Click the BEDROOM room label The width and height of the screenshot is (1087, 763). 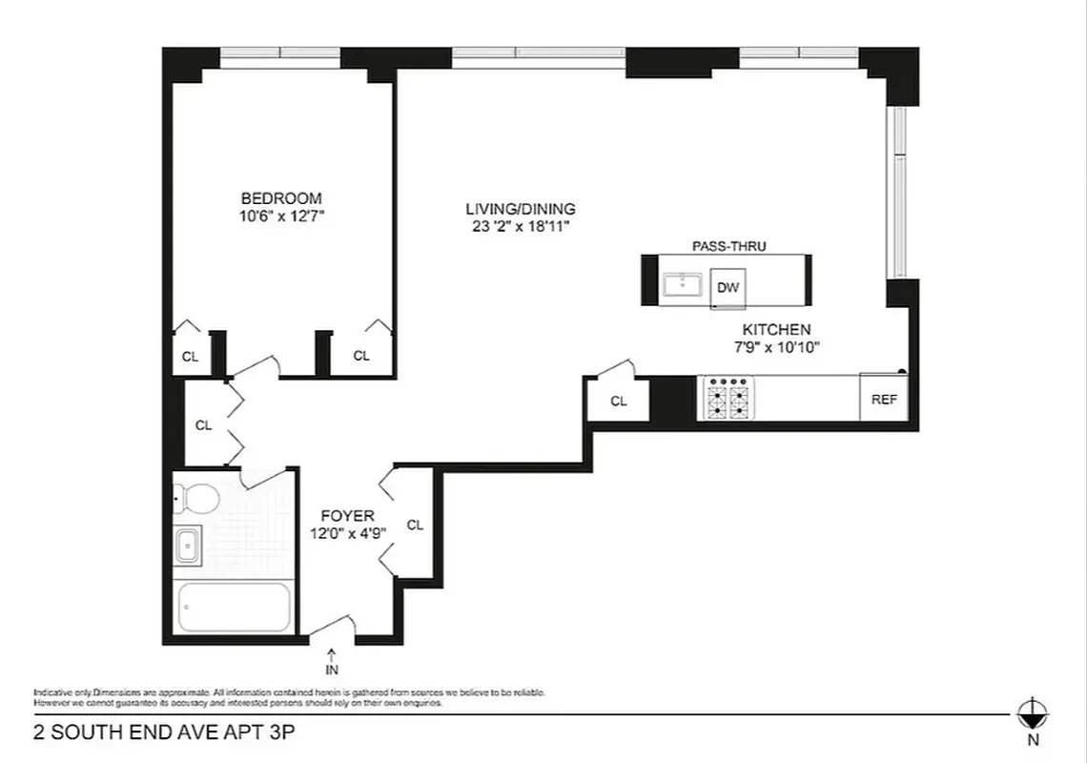[x=280, y=198]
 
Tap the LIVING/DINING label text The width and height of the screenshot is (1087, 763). [x=520, y=209]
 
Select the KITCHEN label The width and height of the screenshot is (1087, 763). [x=776, y=330]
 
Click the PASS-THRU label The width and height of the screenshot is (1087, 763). [x=728, y=246]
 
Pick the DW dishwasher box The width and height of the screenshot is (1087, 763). [x=728, y=287]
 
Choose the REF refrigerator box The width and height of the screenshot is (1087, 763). [x=884, y=400]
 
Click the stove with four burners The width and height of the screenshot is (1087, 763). [x=728, y=398]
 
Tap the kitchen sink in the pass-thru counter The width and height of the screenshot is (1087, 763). [x=683, y=283]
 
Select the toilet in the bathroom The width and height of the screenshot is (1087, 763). [x=197, y=497]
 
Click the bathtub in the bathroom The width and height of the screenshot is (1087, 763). [x=234, y=608]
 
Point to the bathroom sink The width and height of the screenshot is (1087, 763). [x=187, y=546]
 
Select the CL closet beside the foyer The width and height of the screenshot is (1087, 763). [x=415, y=525]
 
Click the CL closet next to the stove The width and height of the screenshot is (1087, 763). [x=618, y=401]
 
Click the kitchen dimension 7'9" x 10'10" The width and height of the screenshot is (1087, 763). [x=776, y=348]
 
